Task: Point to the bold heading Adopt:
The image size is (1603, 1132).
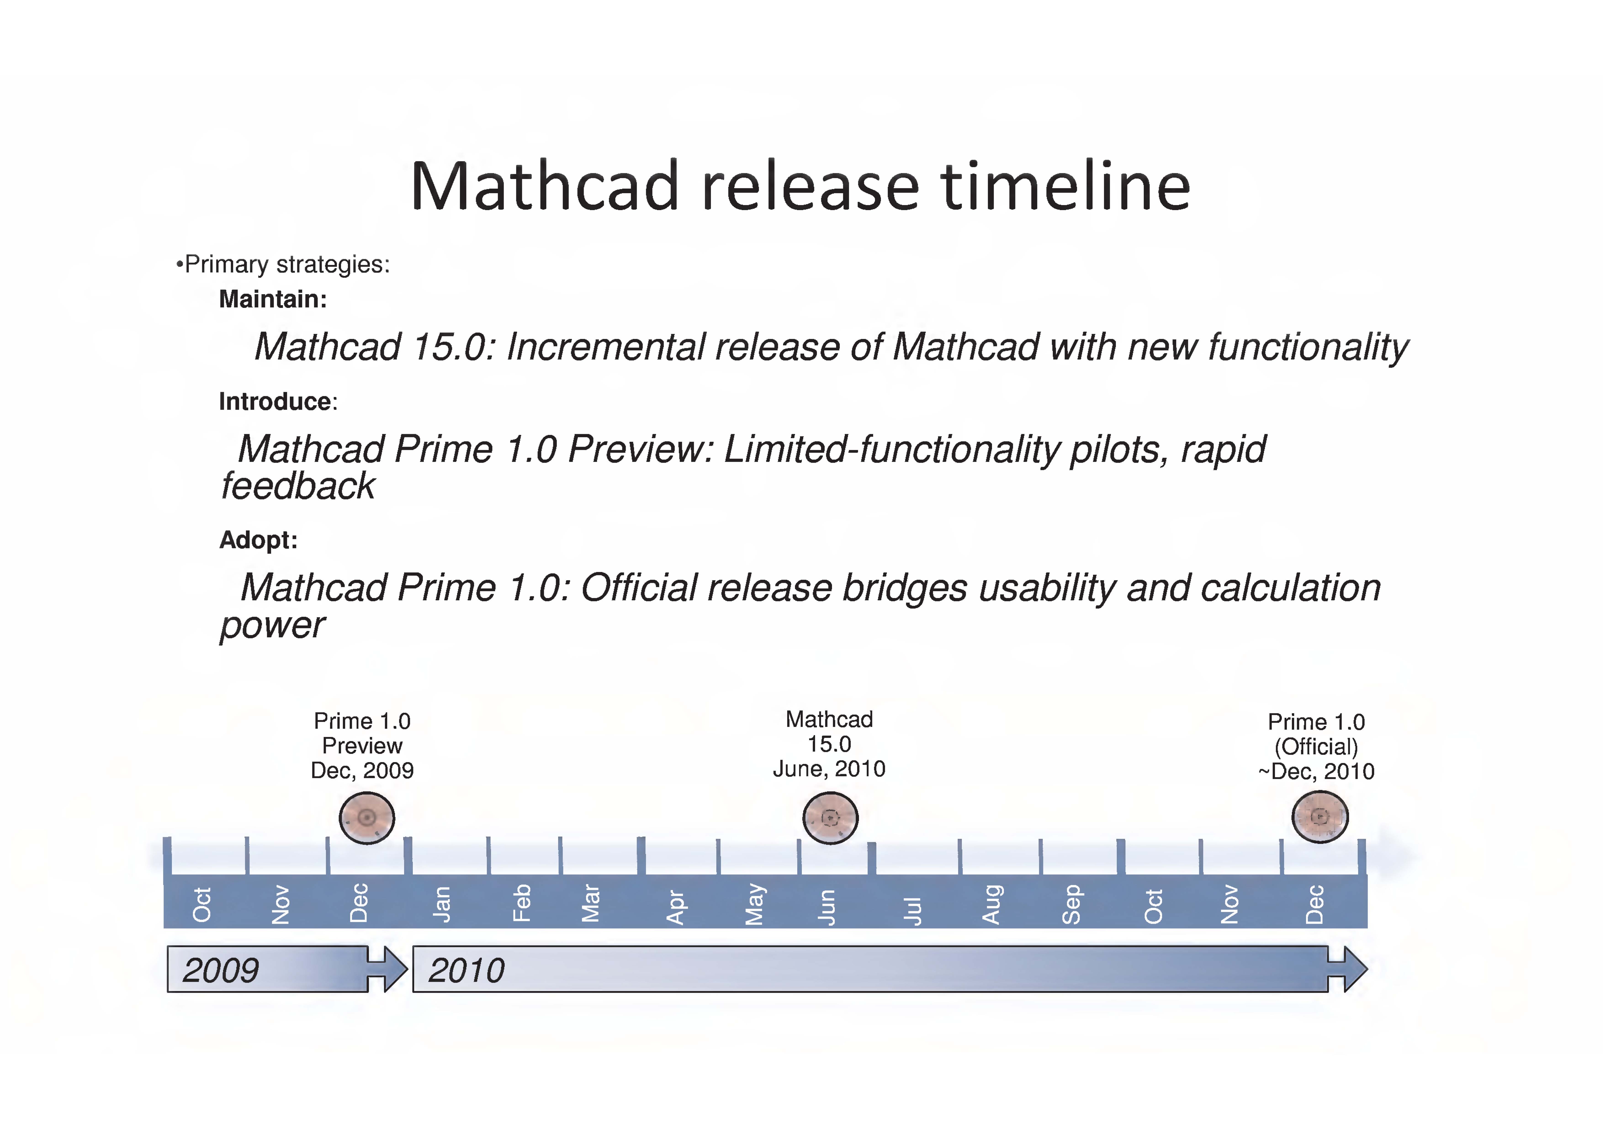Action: (258, 540)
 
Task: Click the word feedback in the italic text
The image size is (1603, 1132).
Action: (298, 486)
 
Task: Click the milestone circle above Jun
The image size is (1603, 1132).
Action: (830, 818)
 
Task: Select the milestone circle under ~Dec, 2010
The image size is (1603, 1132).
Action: (1319, 817)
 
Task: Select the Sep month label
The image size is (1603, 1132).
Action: (1072, 905)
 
